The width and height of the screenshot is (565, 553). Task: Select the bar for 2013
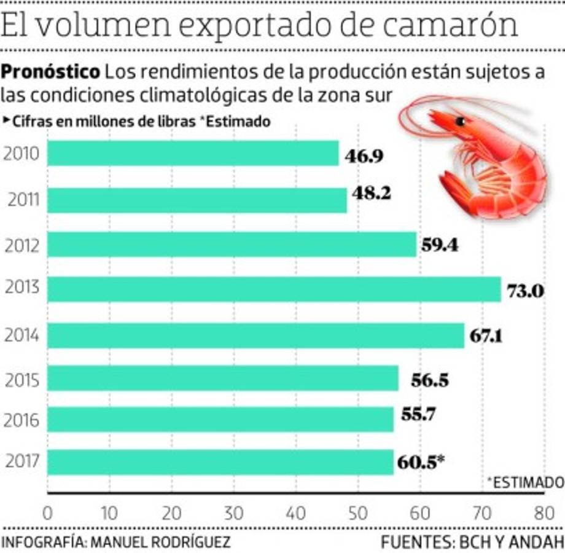[274, 289]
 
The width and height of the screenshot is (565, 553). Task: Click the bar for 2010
[193, 154]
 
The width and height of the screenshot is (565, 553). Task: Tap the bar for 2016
[220, 419]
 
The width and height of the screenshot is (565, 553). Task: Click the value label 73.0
[525, 291]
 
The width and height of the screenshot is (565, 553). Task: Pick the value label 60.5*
[421, 462]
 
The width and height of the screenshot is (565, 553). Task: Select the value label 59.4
[440, 245]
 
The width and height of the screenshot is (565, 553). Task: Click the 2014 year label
[21, 336]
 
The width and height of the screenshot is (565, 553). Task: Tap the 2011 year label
[24, 200]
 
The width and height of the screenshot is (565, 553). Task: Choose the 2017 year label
[21, 461]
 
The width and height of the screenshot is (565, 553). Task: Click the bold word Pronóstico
[50, 72]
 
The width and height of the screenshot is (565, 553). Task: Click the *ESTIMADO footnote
[525, 481]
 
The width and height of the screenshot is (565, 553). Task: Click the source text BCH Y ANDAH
[508, 542]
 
